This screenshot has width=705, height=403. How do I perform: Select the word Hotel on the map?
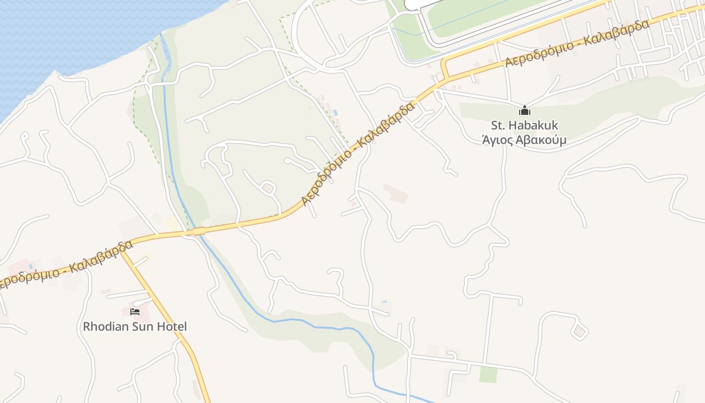pyautogui.click(x=172, y=326)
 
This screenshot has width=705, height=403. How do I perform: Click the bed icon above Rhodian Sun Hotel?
pyautogui.click(x=135, y=312)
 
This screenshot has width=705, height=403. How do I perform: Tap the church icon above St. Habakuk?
pyautogui.click(x=525, y=110)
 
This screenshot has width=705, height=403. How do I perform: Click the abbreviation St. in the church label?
pyautogui.click(x=499, y=125)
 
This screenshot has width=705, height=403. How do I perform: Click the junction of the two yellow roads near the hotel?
pyautogui.click(x=121, y=249)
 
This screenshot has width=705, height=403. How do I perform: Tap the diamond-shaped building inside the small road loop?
pyautogui.click(x=580, y=331)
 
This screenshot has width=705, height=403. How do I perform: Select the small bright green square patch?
pyautogui.click(x=487, y=374)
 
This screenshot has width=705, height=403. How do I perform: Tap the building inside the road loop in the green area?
pyautogui.click(x=268, y=188)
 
